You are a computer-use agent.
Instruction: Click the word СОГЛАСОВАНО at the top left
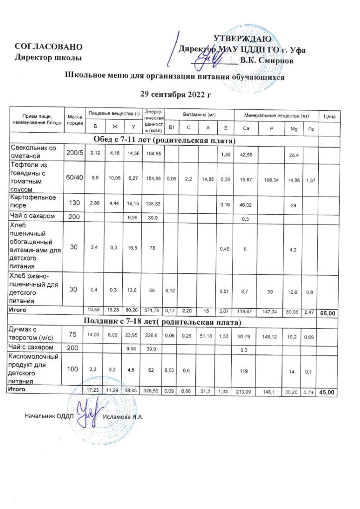[48, 47]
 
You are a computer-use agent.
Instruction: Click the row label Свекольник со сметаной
[34, 152]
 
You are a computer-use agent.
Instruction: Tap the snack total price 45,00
[329, 393]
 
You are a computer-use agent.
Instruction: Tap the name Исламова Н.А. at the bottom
[123, 416]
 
